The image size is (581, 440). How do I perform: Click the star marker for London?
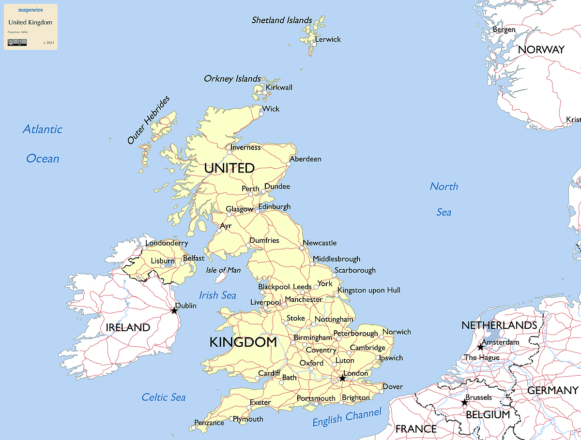pyautogui.click(x=342, y=378)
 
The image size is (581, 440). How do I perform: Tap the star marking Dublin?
pyautogui.click(x=174, y=310)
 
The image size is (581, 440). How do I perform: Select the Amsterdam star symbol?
pyautogui.click(x=480, y=347)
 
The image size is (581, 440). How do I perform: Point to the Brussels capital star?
pyautogui.click(x=464, y=402)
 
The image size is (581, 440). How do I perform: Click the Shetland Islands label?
pyautogui.click(x=282, y=20)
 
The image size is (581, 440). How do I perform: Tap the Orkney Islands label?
pyautogui.click(x=232, y=78)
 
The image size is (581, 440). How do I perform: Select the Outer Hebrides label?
pyautogui.click(x=149, y=120)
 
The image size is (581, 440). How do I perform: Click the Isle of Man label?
pyautogui.click(x=223, y=270)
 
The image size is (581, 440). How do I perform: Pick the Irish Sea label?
pyautogui.click(x=218, y=295)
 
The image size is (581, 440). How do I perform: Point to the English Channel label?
pyautogui.click(x=347, y=417)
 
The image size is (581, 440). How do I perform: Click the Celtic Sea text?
pyautogui.click(x=164, y=397)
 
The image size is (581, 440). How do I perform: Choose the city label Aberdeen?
pyautogui.click(x=306, y=159)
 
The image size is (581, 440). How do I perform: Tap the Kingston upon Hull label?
pyautogui.click(x=369, y=290)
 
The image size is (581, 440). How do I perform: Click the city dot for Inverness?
pyautogui.click(x=230, y=152)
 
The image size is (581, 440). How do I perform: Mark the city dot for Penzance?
pyautogui.click(x=192, y=428)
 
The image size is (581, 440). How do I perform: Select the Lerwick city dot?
pyautogui.click(x=314, y=44)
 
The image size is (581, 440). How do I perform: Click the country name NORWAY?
pyautogui.click(x=541, y=50)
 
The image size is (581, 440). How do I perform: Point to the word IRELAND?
pyautogui.click(x=128, y=327)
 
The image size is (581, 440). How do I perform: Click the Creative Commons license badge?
pyautogui.click(x=17, y=43)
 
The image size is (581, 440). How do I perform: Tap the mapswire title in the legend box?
pyautogui.click(x=30, y=10)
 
